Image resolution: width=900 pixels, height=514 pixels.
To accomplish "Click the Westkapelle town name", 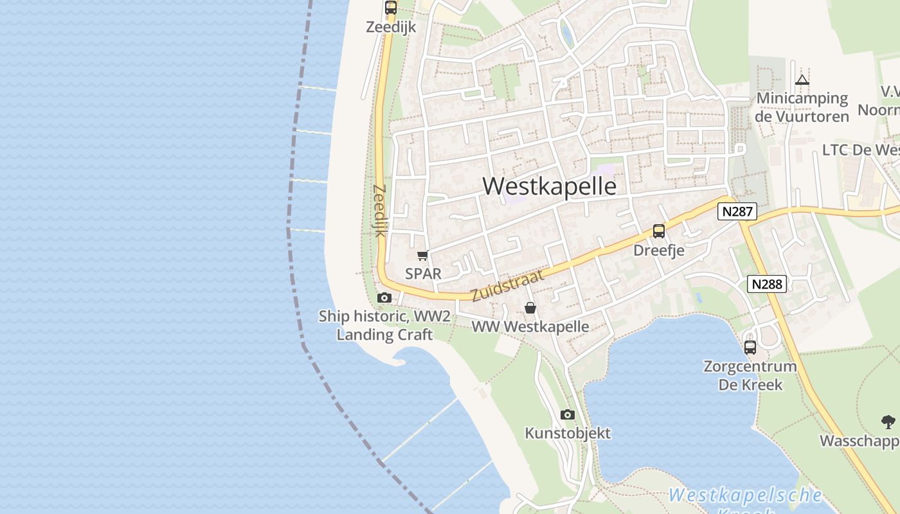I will (x=549, y=186).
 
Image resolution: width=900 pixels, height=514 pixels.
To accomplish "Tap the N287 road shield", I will (x=737, y=211).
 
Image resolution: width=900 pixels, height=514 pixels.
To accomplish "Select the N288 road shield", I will (x=768, y=284).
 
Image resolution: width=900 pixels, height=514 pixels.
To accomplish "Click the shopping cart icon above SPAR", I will (x=423, y=256).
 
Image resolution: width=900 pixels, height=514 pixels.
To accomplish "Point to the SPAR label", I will (x=423, y=274).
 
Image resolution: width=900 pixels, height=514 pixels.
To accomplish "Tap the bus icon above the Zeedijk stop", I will (x=391, y=8).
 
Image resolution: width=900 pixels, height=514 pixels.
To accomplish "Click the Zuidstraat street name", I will (x=508, y=285).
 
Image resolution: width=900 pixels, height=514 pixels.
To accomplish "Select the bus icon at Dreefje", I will (x=659, y=231).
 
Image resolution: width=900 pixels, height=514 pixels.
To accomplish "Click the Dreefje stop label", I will (x=659, y=250).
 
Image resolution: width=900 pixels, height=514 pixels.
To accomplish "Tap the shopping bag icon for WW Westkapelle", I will (x=530, y=308).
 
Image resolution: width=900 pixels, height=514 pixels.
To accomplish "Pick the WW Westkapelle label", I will (x=530, y=326).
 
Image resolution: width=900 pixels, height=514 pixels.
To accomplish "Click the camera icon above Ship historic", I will (x=384, y=297).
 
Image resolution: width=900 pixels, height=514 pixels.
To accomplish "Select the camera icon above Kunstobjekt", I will (x=567, y=414).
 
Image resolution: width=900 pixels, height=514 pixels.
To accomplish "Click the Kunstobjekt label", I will (x=568, y=433).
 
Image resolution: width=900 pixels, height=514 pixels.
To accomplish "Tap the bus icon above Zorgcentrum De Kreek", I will (x=750, y=348).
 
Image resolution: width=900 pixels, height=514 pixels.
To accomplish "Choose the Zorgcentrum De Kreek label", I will (x=750, y=376).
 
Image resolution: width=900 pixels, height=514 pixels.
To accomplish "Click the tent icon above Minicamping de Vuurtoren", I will (x=802, y=80).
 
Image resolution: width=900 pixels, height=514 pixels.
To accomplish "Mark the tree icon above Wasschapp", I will (x=888, y=422).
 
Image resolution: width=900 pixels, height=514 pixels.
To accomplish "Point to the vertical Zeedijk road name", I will (x=379, y=211).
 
